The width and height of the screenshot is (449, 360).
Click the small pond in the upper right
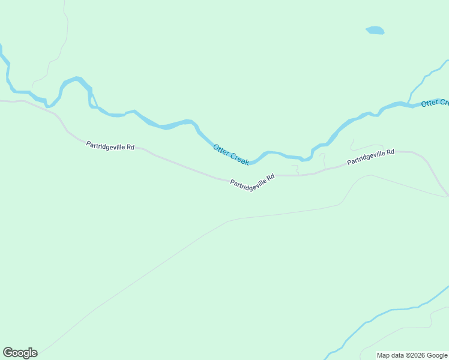pos(375,30)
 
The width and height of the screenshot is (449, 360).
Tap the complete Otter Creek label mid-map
pos(231,154)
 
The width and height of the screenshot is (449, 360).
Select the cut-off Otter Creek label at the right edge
pos(435,103)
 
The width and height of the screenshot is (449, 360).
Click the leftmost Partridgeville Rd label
pos(110,145)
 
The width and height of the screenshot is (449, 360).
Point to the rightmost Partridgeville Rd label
pos(370,157)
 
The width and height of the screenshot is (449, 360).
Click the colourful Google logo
pos(20,353)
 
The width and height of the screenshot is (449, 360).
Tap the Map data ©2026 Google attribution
pos(412,355)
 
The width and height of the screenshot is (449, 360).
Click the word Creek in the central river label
pos(238,158)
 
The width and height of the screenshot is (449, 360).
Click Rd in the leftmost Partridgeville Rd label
pos(130,147)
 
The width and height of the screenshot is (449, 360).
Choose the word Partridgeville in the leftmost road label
pos(105,145)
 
